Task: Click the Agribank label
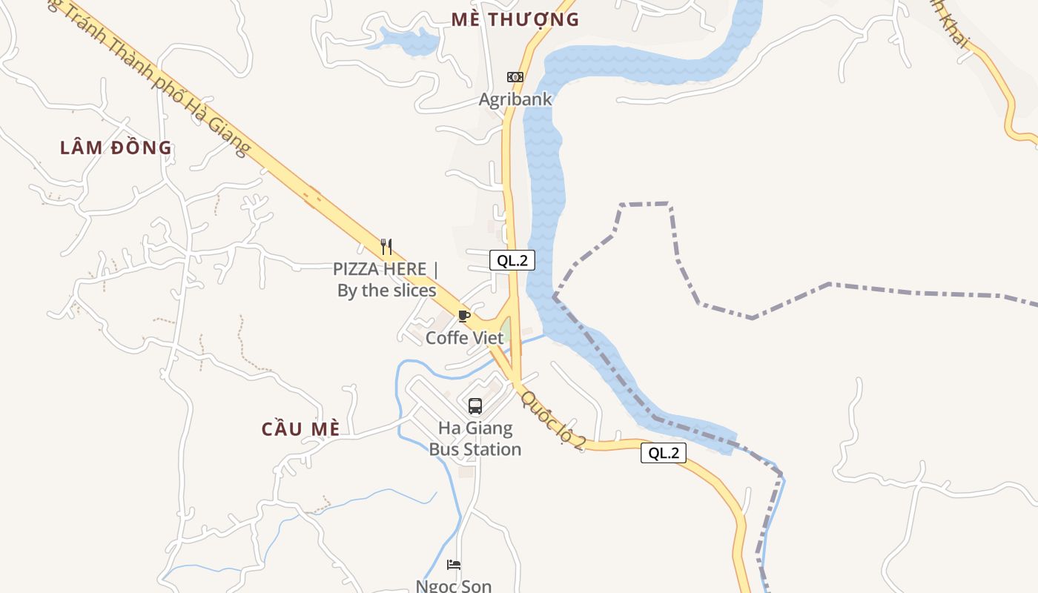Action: (515, 99)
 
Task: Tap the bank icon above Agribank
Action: (515, 77)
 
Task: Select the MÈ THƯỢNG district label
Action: (515, 20)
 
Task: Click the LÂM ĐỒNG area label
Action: (116, 148)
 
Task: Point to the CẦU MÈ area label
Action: (301, 429)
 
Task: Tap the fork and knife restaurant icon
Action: (386, 246)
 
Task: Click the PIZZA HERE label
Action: (380, 268)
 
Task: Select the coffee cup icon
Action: (464, 317)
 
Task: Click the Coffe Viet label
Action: (465, 338)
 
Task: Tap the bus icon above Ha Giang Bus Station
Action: (475, 406)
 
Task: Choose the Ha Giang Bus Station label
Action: (475, 439)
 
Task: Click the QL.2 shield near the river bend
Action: (512, 260)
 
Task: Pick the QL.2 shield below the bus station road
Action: (664, 453)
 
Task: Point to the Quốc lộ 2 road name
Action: (554, 420)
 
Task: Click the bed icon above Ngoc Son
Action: (454, 565)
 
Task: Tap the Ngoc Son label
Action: (454, 586)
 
